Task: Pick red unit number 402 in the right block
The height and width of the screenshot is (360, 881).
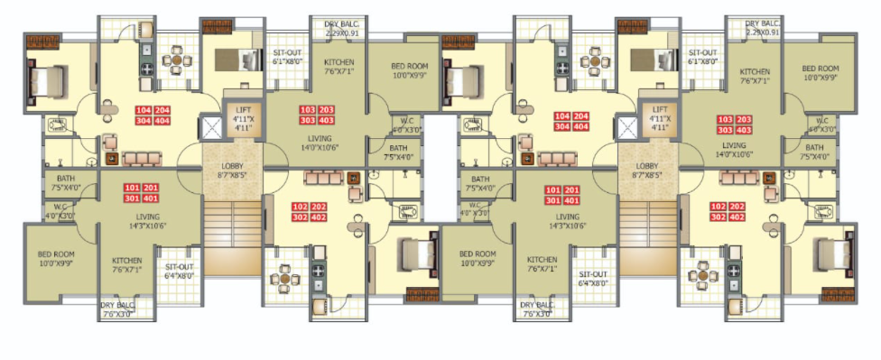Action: tap(737, 217)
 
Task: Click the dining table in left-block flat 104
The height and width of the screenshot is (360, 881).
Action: tap(173, 62)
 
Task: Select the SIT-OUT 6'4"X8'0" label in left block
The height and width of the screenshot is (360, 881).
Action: tap(177, 271)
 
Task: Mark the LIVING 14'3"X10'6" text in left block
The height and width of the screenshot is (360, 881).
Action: tap(147, 222)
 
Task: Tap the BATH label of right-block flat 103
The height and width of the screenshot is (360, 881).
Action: tap(814, 152)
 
